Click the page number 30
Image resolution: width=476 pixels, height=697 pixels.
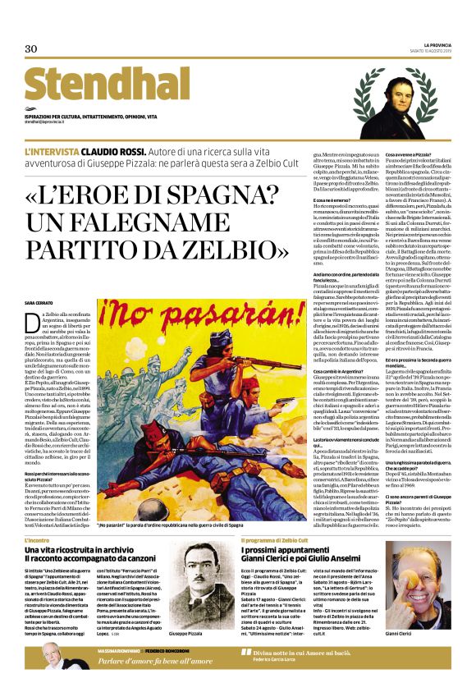click(x=31, y=49)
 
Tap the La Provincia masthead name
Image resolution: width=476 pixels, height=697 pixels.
click(x=437, y=44)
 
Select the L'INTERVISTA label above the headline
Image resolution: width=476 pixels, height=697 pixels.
click(x=52, y=153)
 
